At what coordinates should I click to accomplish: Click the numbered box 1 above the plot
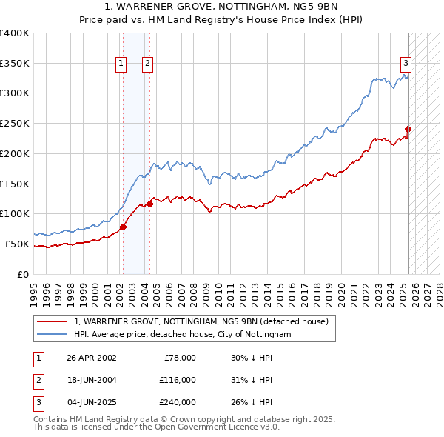121,64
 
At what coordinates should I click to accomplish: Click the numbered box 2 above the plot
148,64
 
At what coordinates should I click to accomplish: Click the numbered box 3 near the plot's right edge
406,64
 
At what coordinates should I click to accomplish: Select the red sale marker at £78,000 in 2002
123,227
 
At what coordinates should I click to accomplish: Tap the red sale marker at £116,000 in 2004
150,204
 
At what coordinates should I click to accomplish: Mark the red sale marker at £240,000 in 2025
408,129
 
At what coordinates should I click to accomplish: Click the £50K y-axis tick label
17,244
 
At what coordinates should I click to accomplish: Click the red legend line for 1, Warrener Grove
52,321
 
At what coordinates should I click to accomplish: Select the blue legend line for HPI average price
52,335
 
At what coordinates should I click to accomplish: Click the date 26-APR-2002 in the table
92,358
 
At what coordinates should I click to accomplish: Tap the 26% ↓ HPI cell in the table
252,402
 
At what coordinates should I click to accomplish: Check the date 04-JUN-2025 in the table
92,402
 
